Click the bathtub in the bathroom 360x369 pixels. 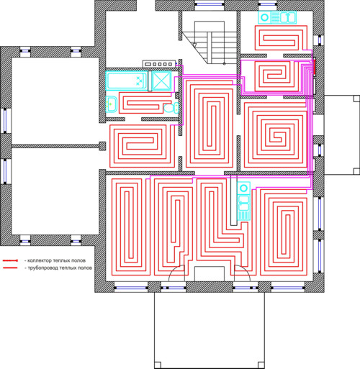(x=127, y=81)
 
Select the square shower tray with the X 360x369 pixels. (x=162, y=81)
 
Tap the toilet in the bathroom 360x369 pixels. (x=171, y=108)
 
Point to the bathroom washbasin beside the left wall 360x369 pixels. (x=112, y=104)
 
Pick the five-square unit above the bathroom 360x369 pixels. (x=159, y=64)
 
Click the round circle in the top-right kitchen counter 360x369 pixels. (x=264, y=17)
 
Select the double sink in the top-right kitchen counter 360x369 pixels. (x=287, y=17)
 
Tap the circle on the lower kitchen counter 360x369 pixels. (x=243, y=188)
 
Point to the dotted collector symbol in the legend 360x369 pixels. (x=10, y=260)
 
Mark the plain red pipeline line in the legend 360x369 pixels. (x=10, y=268)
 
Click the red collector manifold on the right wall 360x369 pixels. (x=314, y=67)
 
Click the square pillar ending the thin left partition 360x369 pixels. (x=102, y=146)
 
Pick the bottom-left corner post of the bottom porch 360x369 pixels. (x=158, y=365)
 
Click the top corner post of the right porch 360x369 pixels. (x=356, y=99)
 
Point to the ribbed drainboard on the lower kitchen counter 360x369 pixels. (x=243, y=215)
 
